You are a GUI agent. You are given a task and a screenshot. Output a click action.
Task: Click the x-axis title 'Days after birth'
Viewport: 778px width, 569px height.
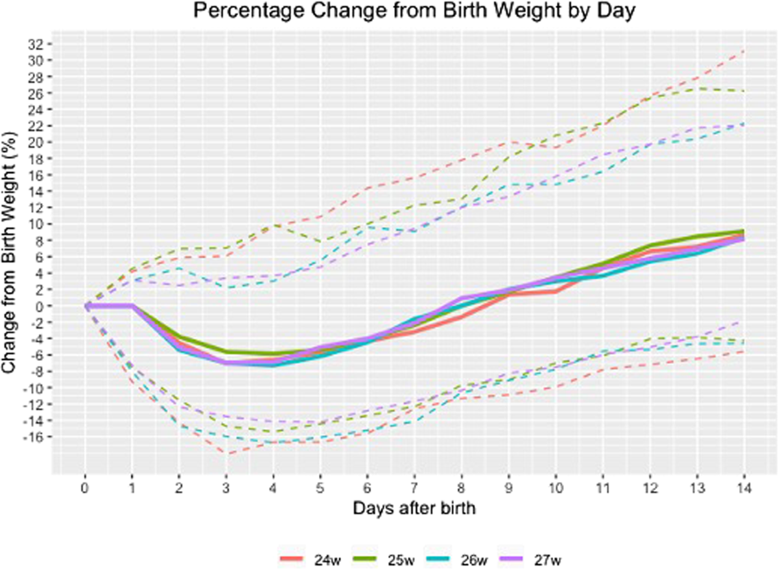click(414, 508)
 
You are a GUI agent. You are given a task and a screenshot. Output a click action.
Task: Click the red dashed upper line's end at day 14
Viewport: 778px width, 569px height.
click(743, 51)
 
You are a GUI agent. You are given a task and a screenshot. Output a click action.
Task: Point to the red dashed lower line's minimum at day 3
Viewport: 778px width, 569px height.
click(227, 454)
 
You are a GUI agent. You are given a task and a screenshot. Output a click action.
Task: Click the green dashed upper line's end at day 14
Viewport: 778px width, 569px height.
click(743, 91)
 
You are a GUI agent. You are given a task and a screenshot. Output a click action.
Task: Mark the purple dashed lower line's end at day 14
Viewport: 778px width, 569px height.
click(743, 320)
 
